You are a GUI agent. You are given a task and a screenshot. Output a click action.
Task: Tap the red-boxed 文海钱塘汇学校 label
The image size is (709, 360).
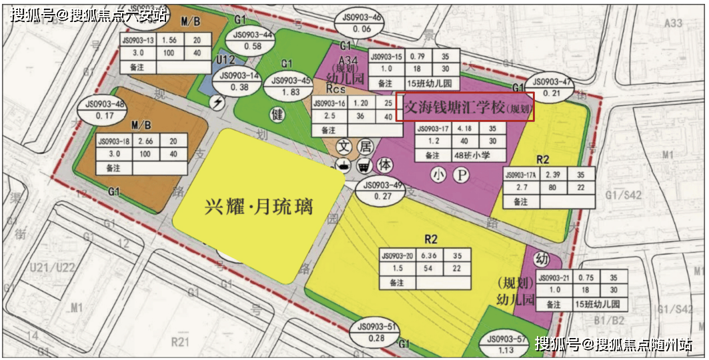click(465, 107)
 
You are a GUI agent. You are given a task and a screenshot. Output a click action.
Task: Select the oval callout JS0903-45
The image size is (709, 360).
click(288, 87)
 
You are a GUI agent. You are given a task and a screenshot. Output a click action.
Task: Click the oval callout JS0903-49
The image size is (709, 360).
click(380, 191)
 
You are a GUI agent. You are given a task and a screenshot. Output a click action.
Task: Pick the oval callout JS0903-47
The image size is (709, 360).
click(549, 87)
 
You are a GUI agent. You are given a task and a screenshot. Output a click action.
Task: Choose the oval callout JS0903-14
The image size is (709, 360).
click(239, 81)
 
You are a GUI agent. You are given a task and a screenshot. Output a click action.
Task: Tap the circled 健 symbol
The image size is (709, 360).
click(277, 114)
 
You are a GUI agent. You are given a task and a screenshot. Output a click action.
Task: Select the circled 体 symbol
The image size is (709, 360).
click(385, 165)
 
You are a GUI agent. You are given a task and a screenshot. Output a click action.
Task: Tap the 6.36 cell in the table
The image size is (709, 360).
click(431, 255)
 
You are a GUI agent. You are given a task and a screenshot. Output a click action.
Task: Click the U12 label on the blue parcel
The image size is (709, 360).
click(226, 61)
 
